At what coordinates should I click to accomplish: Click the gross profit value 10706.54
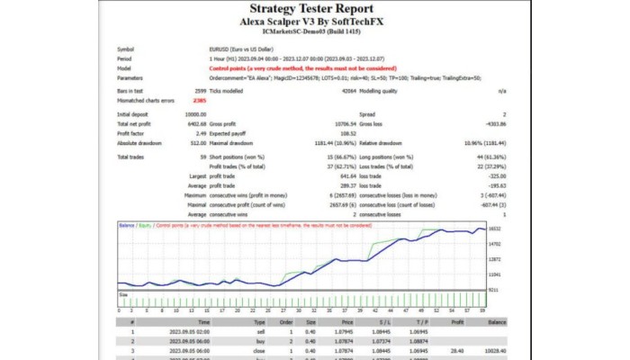[344, 123]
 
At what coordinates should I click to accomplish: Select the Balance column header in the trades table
[498, 320]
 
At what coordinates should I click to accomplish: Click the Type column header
[259, 320]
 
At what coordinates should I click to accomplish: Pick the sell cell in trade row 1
[259, 331]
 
